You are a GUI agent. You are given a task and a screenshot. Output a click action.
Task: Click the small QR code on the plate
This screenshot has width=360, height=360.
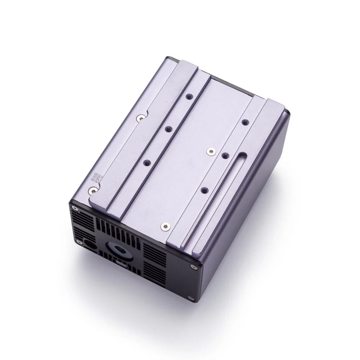pos(96,177)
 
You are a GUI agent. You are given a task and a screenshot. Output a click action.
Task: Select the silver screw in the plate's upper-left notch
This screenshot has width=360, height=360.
pos(140,117)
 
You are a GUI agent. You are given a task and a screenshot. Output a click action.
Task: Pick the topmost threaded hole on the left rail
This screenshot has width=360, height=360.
pos(189,97)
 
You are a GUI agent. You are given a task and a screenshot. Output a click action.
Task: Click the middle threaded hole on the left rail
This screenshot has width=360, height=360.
pos(168,128)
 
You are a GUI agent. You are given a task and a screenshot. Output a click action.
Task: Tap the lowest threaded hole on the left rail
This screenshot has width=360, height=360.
pos(146,163)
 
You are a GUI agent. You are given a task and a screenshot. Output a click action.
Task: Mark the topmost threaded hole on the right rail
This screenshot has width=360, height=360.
pos(245,122)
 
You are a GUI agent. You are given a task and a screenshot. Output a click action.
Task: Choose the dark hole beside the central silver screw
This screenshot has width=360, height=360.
pos(225,156)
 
